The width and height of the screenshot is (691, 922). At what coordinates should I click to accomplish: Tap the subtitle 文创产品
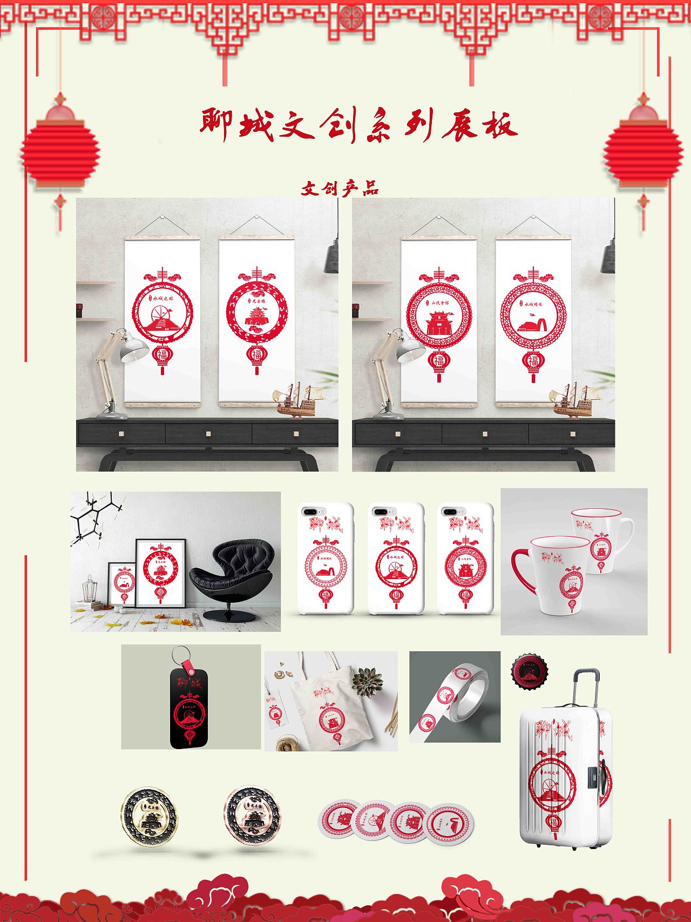point(340,188)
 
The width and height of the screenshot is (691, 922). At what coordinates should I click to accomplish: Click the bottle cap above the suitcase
point(530,672)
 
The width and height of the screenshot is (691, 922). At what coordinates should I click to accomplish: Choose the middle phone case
point(395,559)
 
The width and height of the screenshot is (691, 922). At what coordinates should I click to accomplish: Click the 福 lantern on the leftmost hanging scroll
point(161,356)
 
